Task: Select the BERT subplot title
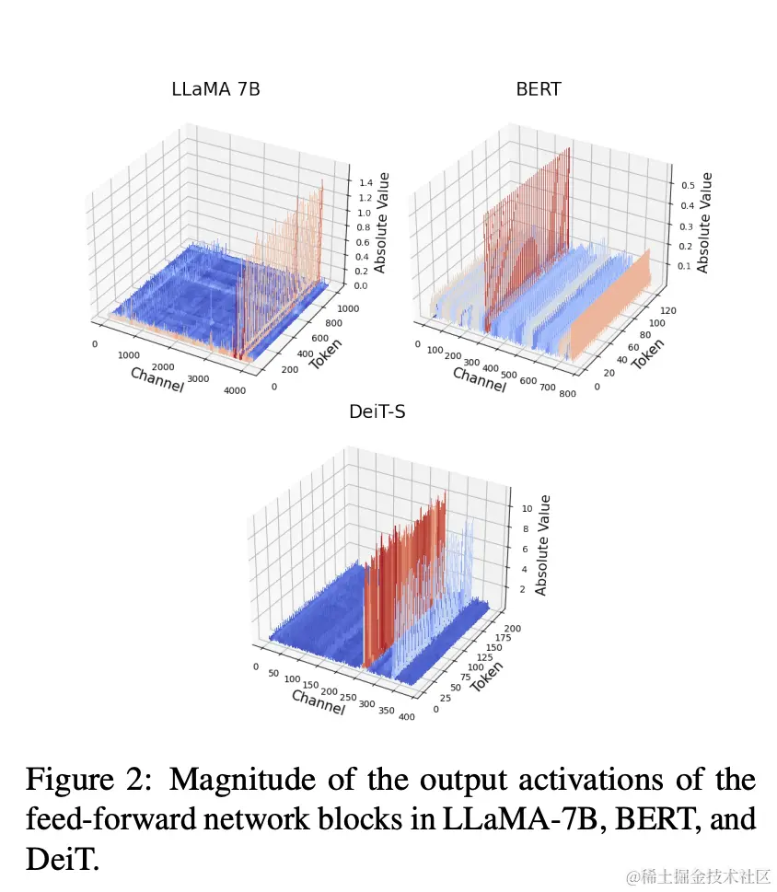539,89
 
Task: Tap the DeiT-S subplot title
377,411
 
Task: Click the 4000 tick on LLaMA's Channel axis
235,390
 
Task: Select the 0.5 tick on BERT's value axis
685,185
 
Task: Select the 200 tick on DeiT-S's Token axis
513,628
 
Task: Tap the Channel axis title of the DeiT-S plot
318,701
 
